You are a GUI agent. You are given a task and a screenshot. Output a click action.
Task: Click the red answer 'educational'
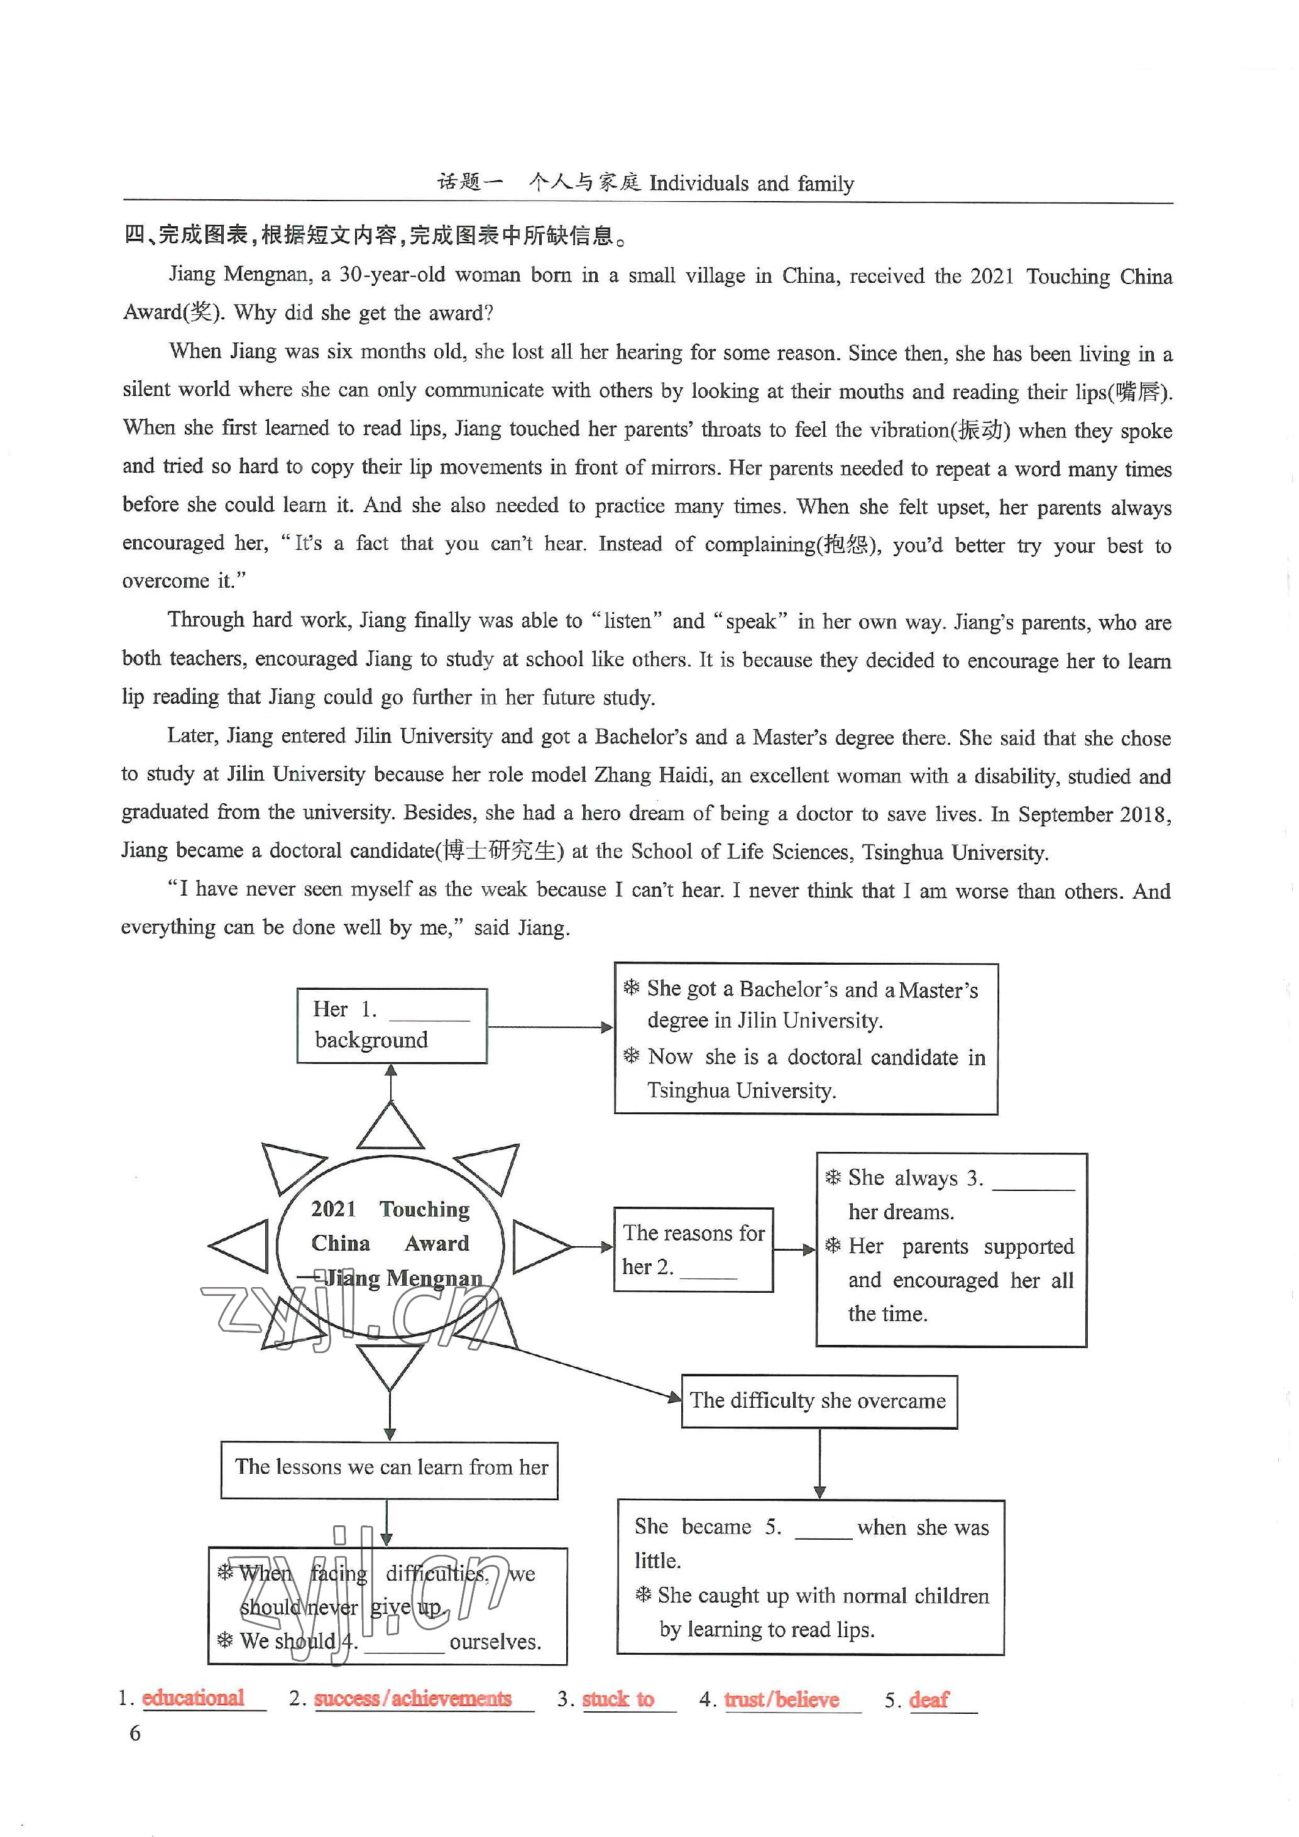point(193,1697)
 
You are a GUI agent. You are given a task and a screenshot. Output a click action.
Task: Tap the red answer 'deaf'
point(929,1699)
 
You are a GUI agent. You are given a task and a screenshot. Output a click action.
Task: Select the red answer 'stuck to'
point(618,1699)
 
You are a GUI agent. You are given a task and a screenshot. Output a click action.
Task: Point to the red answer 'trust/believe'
point(782,1699)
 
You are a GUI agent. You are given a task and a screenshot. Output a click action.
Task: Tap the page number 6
point(134,1733)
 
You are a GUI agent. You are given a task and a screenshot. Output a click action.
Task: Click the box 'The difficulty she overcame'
point(818,1401)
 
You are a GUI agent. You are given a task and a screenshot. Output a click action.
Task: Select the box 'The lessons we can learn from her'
point(390,1468)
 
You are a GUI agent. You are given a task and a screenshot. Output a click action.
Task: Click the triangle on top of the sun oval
point(390,1127)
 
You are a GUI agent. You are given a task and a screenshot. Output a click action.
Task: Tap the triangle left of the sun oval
point(241,1246)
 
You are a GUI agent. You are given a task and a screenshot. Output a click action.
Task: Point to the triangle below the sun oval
point(390,1366)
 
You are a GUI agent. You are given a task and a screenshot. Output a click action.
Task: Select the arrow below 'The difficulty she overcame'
point(819,1463)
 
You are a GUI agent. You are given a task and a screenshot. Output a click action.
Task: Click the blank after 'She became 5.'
point(823,1529)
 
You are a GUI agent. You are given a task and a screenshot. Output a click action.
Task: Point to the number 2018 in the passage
point(1146,814)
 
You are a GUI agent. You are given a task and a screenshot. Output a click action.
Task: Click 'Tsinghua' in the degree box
point(689,1090)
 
